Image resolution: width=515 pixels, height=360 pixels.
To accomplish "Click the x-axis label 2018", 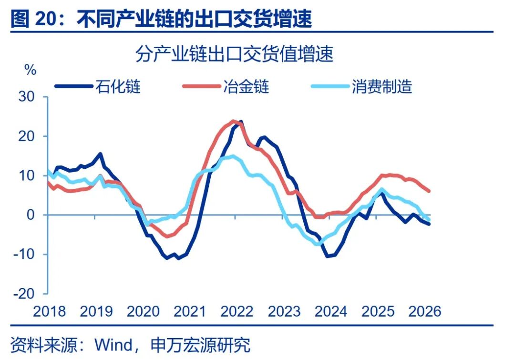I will click(50, 311).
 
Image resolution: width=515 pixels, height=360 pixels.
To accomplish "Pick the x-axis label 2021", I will click(190, 311).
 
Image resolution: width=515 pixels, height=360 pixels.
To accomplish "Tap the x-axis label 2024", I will click(331, 311).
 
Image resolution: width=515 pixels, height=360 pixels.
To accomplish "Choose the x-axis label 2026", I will click(425, 311).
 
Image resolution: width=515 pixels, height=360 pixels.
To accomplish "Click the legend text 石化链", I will click(118, 87).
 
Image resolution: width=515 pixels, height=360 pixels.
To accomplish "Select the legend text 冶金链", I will click(246, 87).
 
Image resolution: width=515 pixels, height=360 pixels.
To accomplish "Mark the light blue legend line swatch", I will click(330, 87).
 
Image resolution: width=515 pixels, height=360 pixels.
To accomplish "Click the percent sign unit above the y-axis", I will click(31, 70).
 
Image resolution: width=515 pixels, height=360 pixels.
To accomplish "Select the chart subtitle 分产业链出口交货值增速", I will click(234, 54).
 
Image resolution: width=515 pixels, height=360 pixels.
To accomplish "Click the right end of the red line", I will click(429, 191).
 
